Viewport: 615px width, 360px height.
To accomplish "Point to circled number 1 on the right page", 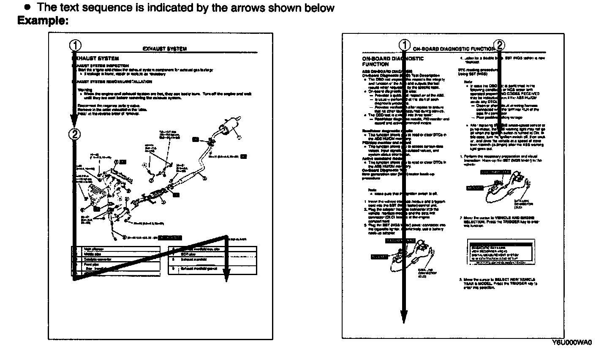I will coord(404,45).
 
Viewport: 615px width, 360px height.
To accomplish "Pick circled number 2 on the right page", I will coord(499,45).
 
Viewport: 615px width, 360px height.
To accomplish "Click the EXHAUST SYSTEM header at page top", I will coord(165,49).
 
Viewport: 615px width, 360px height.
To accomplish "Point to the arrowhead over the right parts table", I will coord(226,276).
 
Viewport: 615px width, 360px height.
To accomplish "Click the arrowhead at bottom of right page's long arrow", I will coord(404,317).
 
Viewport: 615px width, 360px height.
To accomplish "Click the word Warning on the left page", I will coord(82,90).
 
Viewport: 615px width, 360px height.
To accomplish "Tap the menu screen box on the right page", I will coord(499,252).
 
